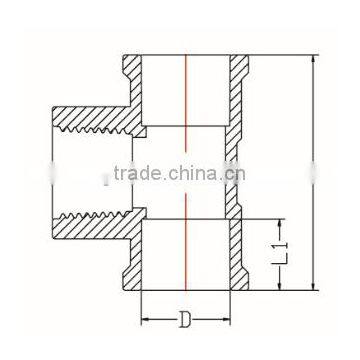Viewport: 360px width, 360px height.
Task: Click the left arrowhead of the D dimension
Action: click(145, 322)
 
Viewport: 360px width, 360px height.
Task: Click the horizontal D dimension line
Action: click(165, 322)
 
